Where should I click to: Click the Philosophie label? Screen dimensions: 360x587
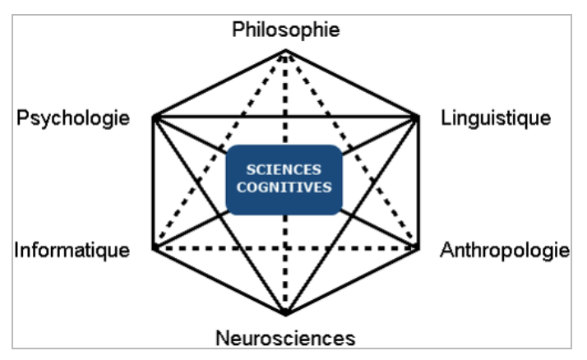point(285,30)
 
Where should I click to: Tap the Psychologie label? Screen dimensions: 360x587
point(73,118)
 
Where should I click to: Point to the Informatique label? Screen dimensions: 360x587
point(72,250)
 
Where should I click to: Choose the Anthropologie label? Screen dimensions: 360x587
point(505,250)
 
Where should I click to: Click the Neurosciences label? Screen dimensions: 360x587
point(284,337)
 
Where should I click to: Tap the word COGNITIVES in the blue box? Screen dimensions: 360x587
point(283,187)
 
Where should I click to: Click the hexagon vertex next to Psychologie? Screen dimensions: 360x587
point(155,118)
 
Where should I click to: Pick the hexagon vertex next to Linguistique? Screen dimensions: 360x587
point(417,118)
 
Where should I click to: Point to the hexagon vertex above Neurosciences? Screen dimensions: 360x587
point(286,314)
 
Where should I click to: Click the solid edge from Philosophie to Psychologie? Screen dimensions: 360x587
point(220,85)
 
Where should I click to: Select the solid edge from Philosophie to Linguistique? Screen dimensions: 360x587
point(352,85)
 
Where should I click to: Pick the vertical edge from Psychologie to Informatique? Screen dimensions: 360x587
point(155,182)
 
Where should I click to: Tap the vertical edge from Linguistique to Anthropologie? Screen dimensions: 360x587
point(417,182)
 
